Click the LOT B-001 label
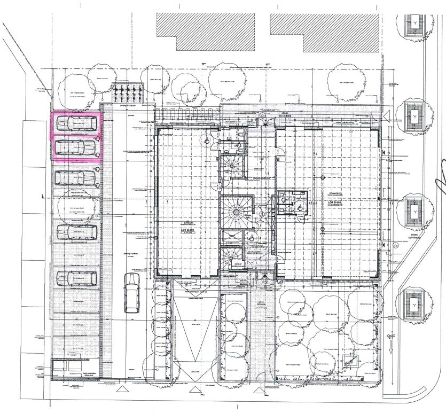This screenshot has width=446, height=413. (x=335, y=202)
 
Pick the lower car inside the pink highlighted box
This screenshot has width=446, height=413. (x=77, y=147)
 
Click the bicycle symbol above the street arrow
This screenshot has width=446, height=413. (x=391, y=337)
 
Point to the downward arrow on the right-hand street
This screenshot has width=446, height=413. (x=391, y=349)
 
